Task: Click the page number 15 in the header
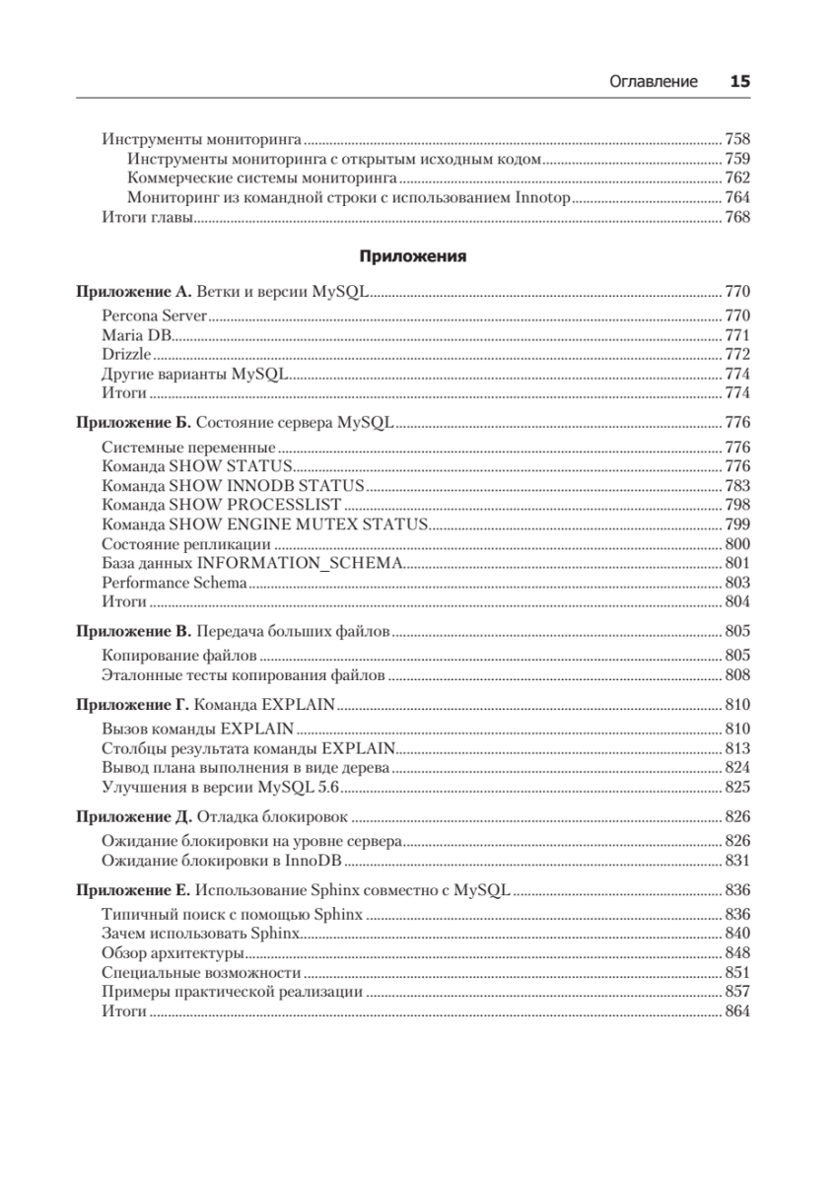click(739, 82)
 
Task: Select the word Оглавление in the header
click(654, 82)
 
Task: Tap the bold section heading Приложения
click(412, 256)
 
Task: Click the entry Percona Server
click(154, 315)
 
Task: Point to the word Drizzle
click(126, 354)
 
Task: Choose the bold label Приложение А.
click(134, 292)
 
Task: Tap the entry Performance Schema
click(174, 582)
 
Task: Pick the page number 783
click(737, 485)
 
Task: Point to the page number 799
click(737, 523)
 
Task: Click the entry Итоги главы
click(146, 218)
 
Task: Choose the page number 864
click(737, 1011)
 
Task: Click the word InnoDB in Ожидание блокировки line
click(329, 860)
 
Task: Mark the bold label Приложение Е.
click(133, 890)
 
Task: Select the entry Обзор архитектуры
click(173, 953)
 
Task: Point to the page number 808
click(737, 675)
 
